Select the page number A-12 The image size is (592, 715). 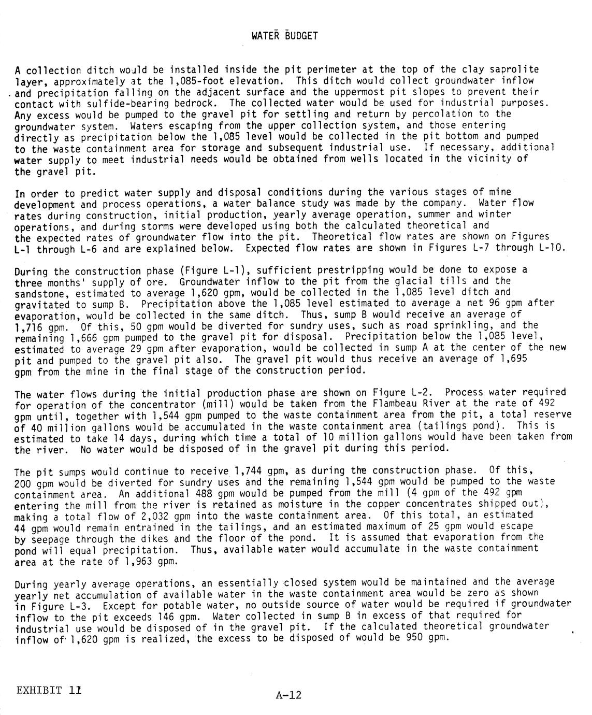pyautogui.click(x=288, y=695)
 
